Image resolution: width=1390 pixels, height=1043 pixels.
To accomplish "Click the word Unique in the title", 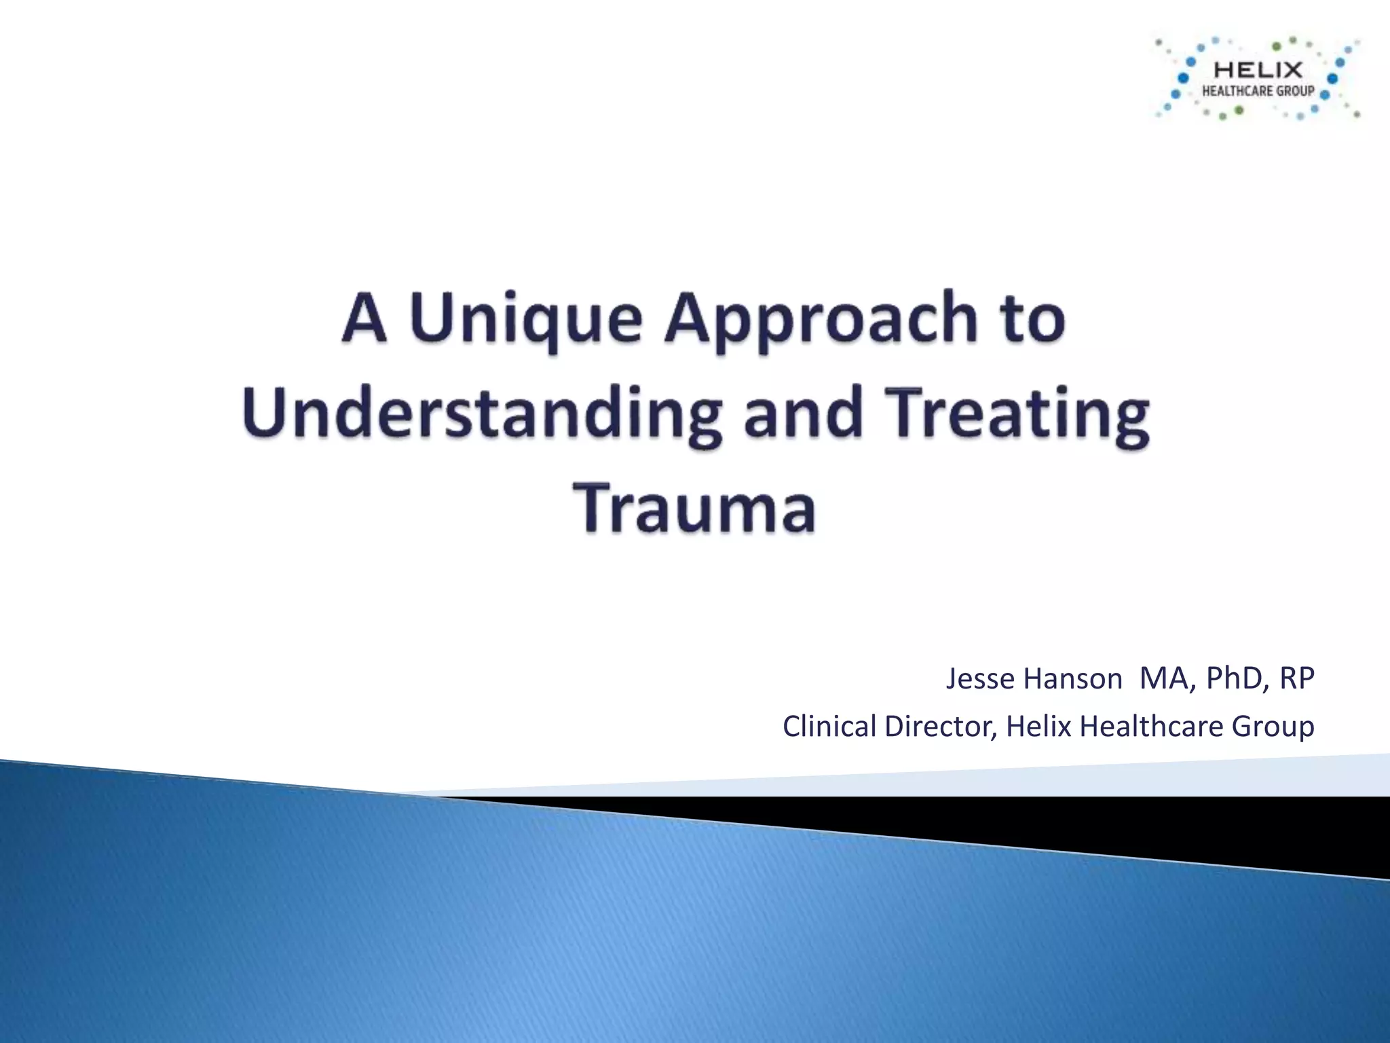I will [x=526, y=319].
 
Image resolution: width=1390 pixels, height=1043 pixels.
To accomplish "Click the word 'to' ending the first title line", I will [x=1034, y=319].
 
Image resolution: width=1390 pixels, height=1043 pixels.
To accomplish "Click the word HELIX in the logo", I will [x=1258, y=70].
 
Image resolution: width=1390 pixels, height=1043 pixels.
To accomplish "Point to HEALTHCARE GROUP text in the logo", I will [x=1258, y=91].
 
